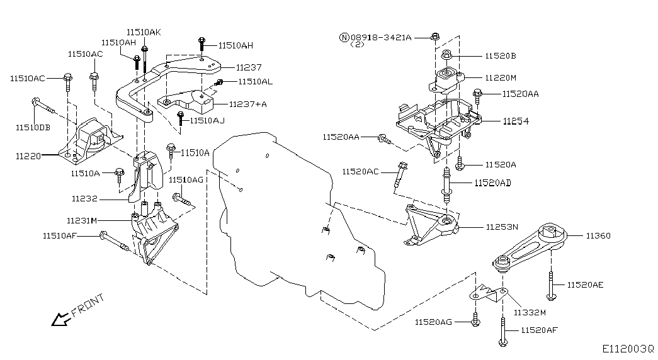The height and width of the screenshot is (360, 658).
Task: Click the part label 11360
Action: click(x=598, y=236)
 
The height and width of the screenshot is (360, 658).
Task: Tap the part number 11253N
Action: click(x=502, y=227)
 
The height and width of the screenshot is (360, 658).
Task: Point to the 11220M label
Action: click(x=501, y=77)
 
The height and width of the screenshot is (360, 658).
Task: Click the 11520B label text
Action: click(x=501, y=56)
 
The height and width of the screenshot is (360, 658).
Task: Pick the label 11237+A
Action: click(x=247, y=104)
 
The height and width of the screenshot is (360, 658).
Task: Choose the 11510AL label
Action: click(x=255, y=82)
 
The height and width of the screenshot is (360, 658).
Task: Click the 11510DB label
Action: click(x=33, y=127)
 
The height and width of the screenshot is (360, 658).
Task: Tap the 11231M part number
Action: click(x=81, y=220)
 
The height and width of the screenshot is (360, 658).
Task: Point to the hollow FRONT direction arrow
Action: click(x=60, y=320)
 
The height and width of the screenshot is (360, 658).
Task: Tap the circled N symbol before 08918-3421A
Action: click(x=343, y=38)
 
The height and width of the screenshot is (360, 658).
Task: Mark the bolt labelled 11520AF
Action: click(x=502, y=331)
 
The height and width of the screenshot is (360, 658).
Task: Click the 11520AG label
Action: click(x=433, y=322)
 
